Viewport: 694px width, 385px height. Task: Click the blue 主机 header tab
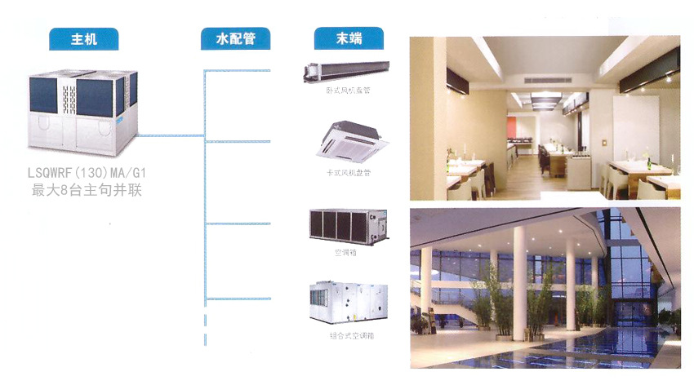tap(83, 38)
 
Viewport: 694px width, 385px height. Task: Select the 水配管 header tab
tap(235, 38)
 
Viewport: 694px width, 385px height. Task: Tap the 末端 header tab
tap(349, 38)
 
